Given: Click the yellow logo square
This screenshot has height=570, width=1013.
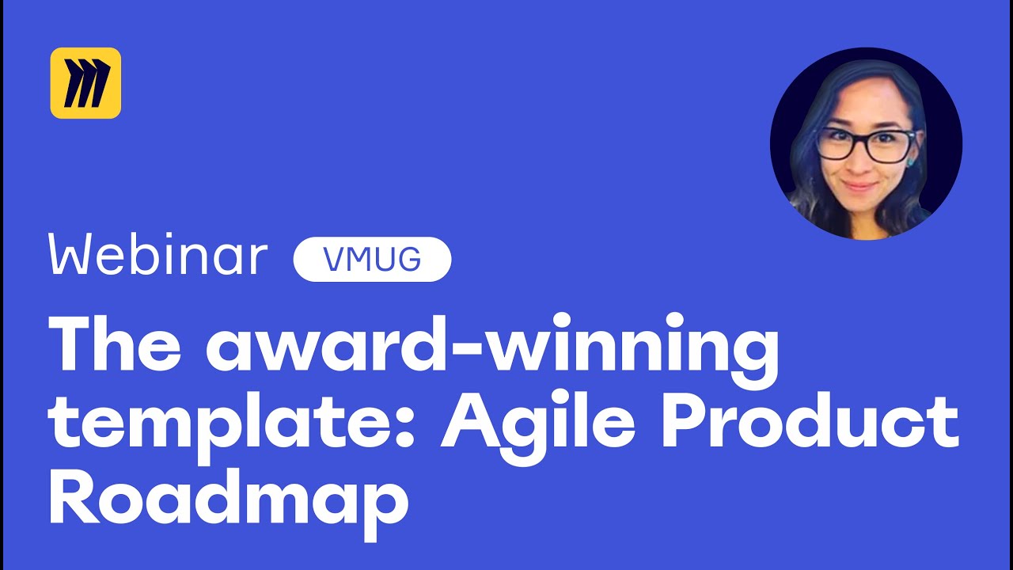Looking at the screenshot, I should [x=85, y=83].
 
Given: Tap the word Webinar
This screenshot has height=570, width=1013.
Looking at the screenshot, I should [x=158, y=256].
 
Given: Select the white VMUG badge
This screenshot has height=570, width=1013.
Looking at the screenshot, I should [x=372, y=259].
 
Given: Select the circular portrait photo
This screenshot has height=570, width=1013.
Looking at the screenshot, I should [x=866, y=143].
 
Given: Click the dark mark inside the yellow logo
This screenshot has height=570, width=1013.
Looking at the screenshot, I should [x=85, y=83].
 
